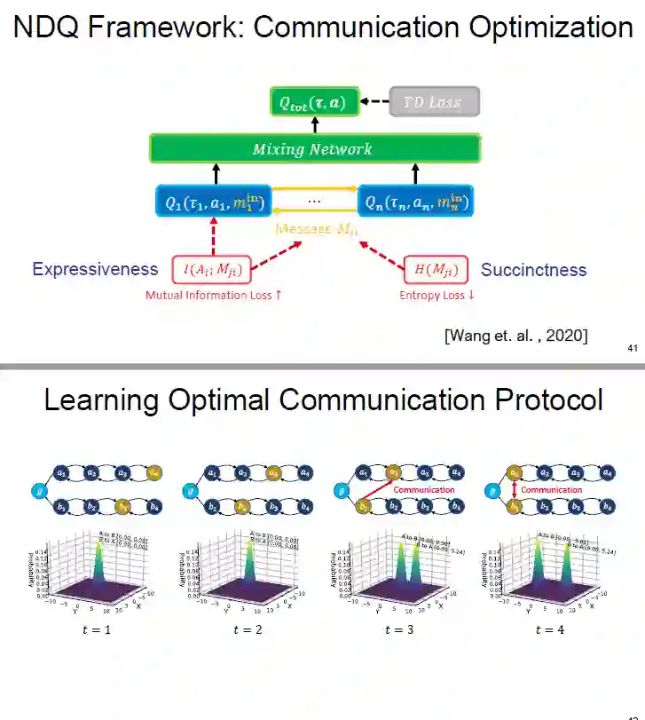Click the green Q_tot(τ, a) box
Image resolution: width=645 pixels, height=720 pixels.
[308, 103]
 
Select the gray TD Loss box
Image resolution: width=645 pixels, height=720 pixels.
[433, 102]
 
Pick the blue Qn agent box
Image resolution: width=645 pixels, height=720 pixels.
[414, 203]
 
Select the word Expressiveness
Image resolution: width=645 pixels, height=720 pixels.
[95, 269]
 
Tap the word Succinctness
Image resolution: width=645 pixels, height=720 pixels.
[533, 269]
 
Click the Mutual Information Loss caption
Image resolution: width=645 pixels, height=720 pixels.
[213, 295]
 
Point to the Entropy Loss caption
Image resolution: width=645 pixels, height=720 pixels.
[437, 295]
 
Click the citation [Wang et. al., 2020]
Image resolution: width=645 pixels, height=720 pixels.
[515, 335]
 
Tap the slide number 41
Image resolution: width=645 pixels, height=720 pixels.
[632, 348]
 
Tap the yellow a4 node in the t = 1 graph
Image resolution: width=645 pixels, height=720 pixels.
[153, 472]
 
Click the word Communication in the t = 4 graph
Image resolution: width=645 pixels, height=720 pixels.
[551, 490]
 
